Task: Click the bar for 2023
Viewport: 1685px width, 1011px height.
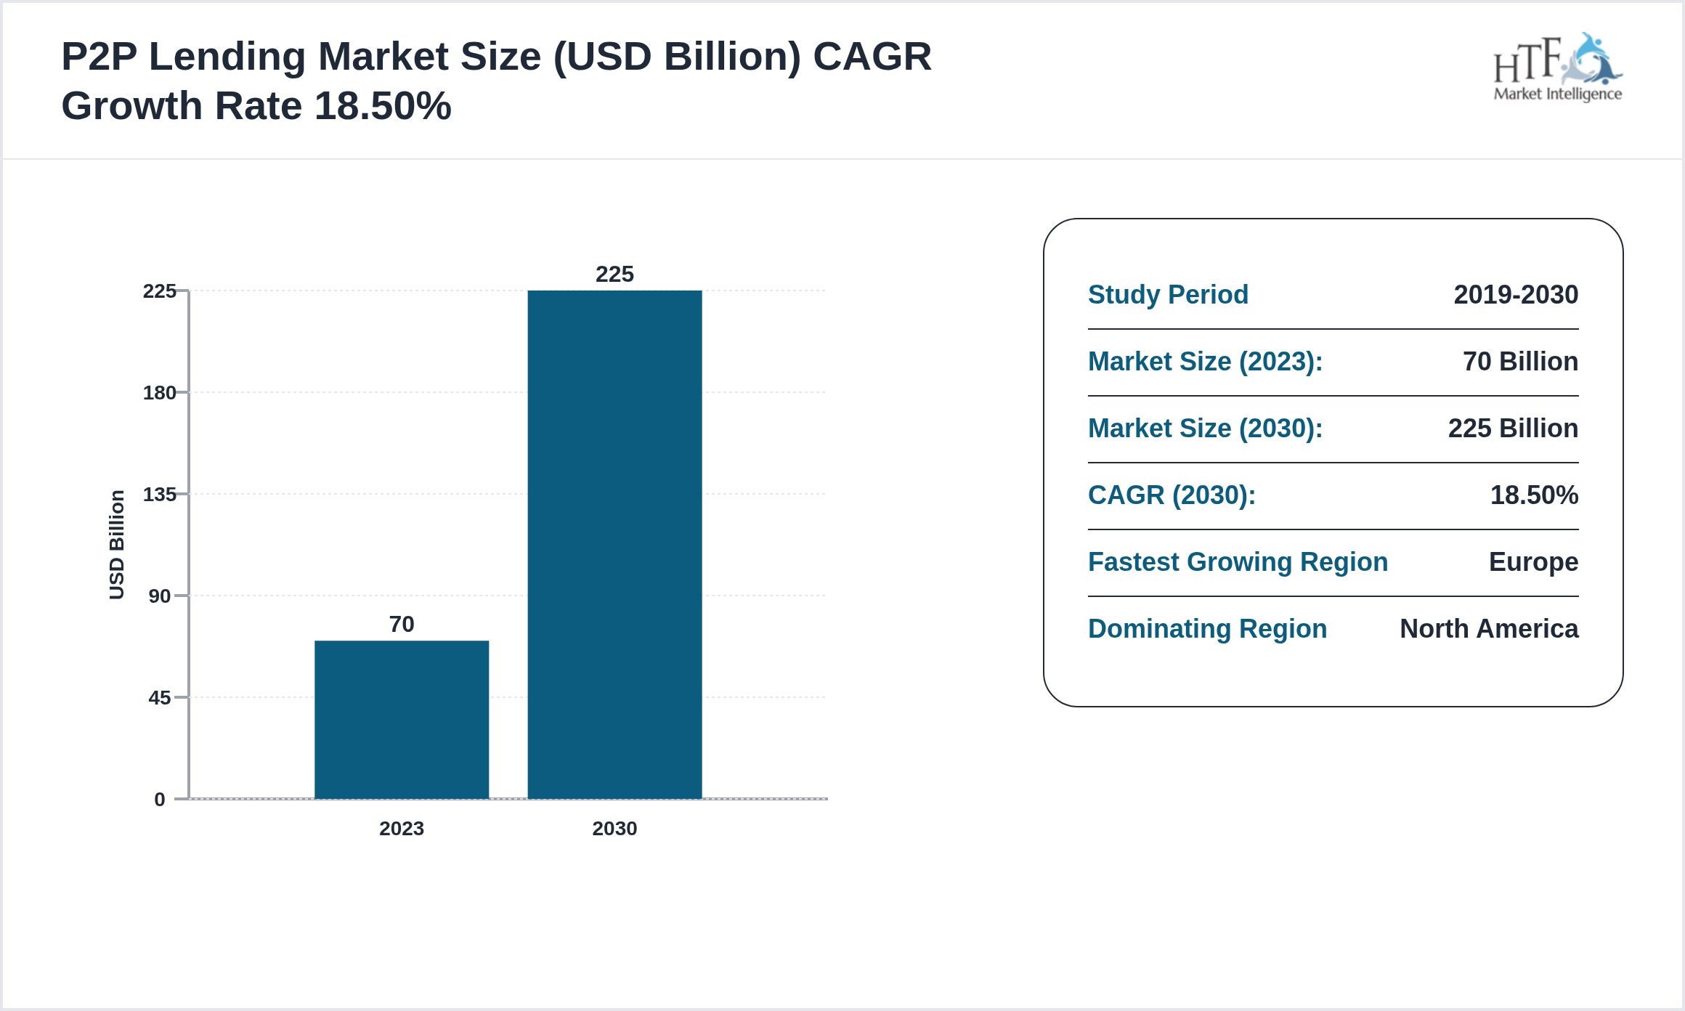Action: tap(402, 719)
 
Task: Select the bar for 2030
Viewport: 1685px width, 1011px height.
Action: tap(614, 545)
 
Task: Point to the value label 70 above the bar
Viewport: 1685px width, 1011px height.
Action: tap(402, 624)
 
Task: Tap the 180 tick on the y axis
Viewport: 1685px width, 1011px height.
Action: tap(160, 393)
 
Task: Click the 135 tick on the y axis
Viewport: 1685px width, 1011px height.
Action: tap(160, 495)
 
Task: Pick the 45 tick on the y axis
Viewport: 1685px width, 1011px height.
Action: tap(160, 698)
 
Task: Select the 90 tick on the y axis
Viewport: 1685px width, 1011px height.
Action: tap(160, 596)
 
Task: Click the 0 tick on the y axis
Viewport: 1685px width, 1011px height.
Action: tap(160, 800)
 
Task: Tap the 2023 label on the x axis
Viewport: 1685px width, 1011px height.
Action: tap(402, 829)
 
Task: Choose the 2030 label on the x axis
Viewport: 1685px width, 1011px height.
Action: tap(614, 829)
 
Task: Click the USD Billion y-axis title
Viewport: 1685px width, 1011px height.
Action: tap(117, 545)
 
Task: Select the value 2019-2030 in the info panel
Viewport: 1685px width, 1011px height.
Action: tap(1515, 295)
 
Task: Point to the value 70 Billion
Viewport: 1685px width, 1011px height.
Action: tap(1519, 362)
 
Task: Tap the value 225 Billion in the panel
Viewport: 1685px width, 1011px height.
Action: tap(1512, 429)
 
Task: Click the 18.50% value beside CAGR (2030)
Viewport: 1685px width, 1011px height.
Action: tap(1533, 495)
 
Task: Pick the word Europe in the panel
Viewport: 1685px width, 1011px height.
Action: tap(1532, 562)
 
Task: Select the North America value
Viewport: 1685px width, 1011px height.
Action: tap(1488, 629)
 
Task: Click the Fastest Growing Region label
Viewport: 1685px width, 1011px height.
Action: tap(1238, 562)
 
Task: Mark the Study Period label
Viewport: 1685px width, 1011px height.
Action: tap(1168, 295)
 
